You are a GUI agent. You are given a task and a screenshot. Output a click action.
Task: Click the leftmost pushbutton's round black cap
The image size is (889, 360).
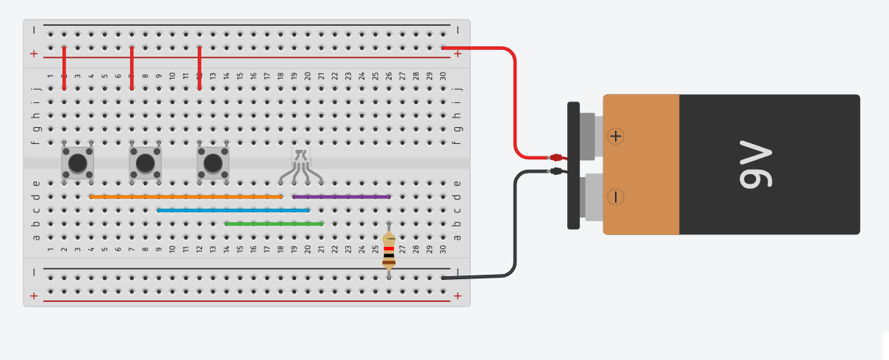(x=78, y=162)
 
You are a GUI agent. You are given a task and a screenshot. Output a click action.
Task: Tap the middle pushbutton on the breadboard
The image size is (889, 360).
(x=145, y=162)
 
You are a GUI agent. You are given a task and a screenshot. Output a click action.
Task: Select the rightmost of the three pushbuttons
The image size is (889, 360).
(x=213, y=162)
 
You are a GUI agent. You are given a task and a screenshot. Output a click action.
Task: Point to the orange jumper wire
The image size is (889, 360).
(x=186, y=197)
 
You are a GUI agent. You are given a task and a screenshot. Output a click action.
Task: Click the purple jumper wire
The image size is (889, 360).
(x=342, y=197)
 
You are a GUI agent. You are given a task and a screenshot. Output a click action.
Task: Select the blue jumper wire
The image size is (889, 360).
(x=234, y=210)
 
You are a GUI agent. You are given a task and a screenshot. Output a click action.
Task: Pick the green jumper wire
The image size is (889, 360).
(x=274, y=224)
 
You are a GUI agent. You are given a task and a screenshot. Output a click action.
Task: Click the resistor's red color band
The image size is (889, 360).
(x=389, y=249)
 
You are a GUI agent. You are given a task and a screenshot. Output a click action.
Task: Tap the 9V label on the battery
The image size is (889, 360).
(x=755, y=164)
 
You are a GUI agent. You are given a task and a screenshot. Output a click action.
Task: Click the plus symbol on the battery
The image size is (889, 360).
(x=616, y=136)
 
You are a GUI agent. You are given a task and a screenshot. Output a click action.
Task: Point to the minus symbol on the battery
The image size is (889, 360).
(x=616, y=197)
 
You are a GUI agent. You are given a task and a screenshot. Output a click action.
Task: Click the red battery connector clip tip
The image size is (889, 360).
(x=556, y=157)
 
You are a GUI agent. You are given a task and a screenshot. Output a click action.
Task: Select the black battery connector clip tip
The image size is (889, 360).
(x=556, y=171)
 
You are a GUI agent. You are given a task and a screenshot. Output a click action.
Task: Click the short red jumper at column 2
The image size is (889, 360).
(x=65, y=68)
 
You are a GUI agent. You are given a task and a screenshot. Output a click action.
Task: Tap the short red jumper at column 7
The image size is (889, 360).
(x=132, y=68)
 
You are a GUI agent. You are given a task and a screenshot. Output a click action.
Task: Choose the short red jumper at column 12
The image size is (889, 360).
(x=200, y=68)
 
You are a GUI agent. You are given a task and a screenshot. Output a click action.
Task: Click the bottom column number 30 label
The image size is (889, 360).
(x=443, y=249)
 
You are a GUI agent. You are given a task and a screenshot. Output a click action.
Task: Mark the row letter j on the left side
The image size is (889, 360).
(x=37, y=88)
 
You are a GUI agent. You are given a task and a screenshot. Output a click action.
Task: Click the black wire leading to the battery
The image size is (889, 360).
(x=515, y=223)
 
